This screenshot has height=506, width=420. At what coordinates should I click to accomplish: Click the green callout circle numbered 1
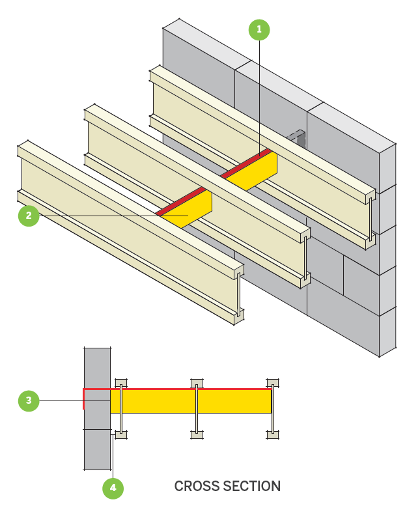click(x=259, y=29)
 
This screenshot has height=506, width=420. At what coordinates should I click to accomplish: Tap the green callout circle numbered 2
click(x=29, y=216)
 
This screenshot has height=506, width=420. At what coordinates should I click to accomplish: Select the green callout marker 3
click(x=29, y=401)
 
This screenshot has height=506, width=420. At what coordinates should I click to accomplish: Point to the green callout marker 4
click(x=113, y=486)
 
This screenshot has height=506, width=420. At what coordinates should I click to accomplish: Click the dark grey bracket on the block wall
click(x=298, y=139)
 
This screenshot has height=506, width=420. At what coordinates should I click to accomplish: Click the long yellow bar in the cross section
click(x=195, y=401)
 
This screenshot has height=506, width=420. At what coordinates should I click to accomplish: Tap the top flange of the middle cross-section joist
click(x=196, y=382)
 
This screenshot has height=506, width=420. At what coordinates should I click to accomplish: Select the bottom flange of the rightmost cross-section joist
click(x=272, y=434)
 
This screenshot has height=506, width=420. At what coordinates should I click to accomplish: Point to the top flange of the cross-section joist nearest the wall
click(x=120, y=382)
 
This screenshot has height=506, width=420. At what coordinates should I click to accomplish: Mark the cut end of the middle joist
click(x=305, y=258)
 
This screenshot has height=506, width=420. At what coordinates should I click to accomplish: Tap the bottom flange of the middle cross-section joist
click(x=196, y=434)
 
